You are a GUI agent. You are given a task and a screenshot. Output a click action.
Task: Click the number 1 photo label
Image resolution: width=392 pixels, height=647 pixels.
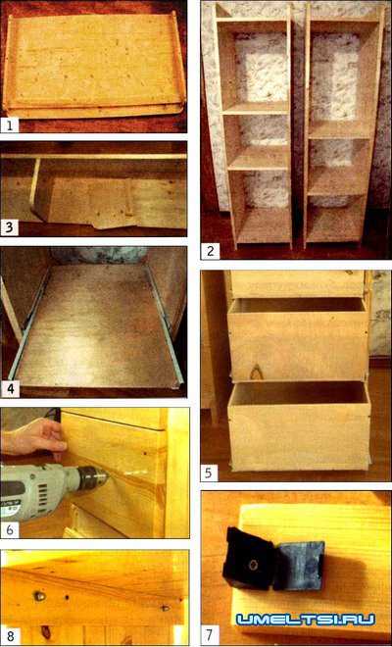tap(10, 124)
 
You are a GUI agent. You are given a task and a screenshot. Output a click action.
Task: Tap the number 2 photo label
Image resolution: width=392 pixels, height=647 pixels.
tap(211, 250)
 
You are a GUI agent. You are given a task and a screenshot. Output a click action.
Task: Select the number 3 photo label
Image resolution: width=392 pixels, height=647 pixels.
tap(10, 227)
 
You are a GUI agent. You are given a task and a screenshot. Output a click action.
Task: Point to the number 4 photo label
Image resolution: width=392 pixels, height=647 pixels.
tap(10, 388)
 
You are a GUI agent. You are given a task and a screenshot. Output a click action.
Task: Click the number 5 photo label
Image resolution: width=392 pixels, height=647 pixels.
tap(209, 473)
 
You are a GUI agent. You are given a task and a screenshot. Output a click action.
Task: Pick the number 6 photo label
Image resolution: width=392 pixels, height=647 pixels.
tap(10, 529)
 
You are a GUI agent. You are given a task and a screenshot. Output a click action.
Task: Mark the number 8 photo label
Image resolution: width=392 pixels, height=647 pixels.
tap(10, 636)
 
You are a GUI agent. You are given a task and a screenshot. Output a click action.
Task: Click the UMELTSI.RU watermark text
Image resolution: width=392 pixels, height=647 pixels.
tap(306, 619)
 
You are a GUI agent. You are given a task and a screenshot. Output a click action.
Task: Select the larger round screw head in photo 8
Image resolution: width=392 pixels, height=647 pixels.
tap(39, 595)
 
